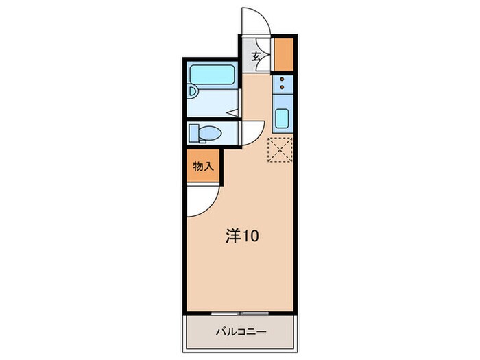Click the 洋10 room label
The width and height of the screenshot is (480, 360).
point(242,237)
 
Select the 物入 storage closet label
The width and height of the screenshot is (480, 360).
point(203,167)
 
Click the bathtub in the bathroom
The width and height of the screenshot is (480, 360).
point(212,74)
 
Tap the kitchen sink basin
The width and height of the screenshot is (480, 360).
point(281,119)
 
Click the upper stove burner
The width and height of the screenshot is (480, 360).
point(282,80)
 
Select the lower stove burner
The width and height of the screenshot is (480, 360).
point(282,90)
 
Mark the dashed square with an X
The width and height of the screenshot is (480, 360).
point(280,150)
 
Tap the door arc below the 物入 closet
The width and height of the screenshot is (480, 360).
point(204,200)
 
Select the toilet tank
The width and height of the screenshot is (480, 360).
point(193,132)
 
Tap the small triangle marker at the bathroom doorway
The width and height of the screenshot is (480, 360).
point(232,112)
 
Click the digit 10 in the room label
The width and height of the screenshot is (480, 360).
point(251,237)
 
